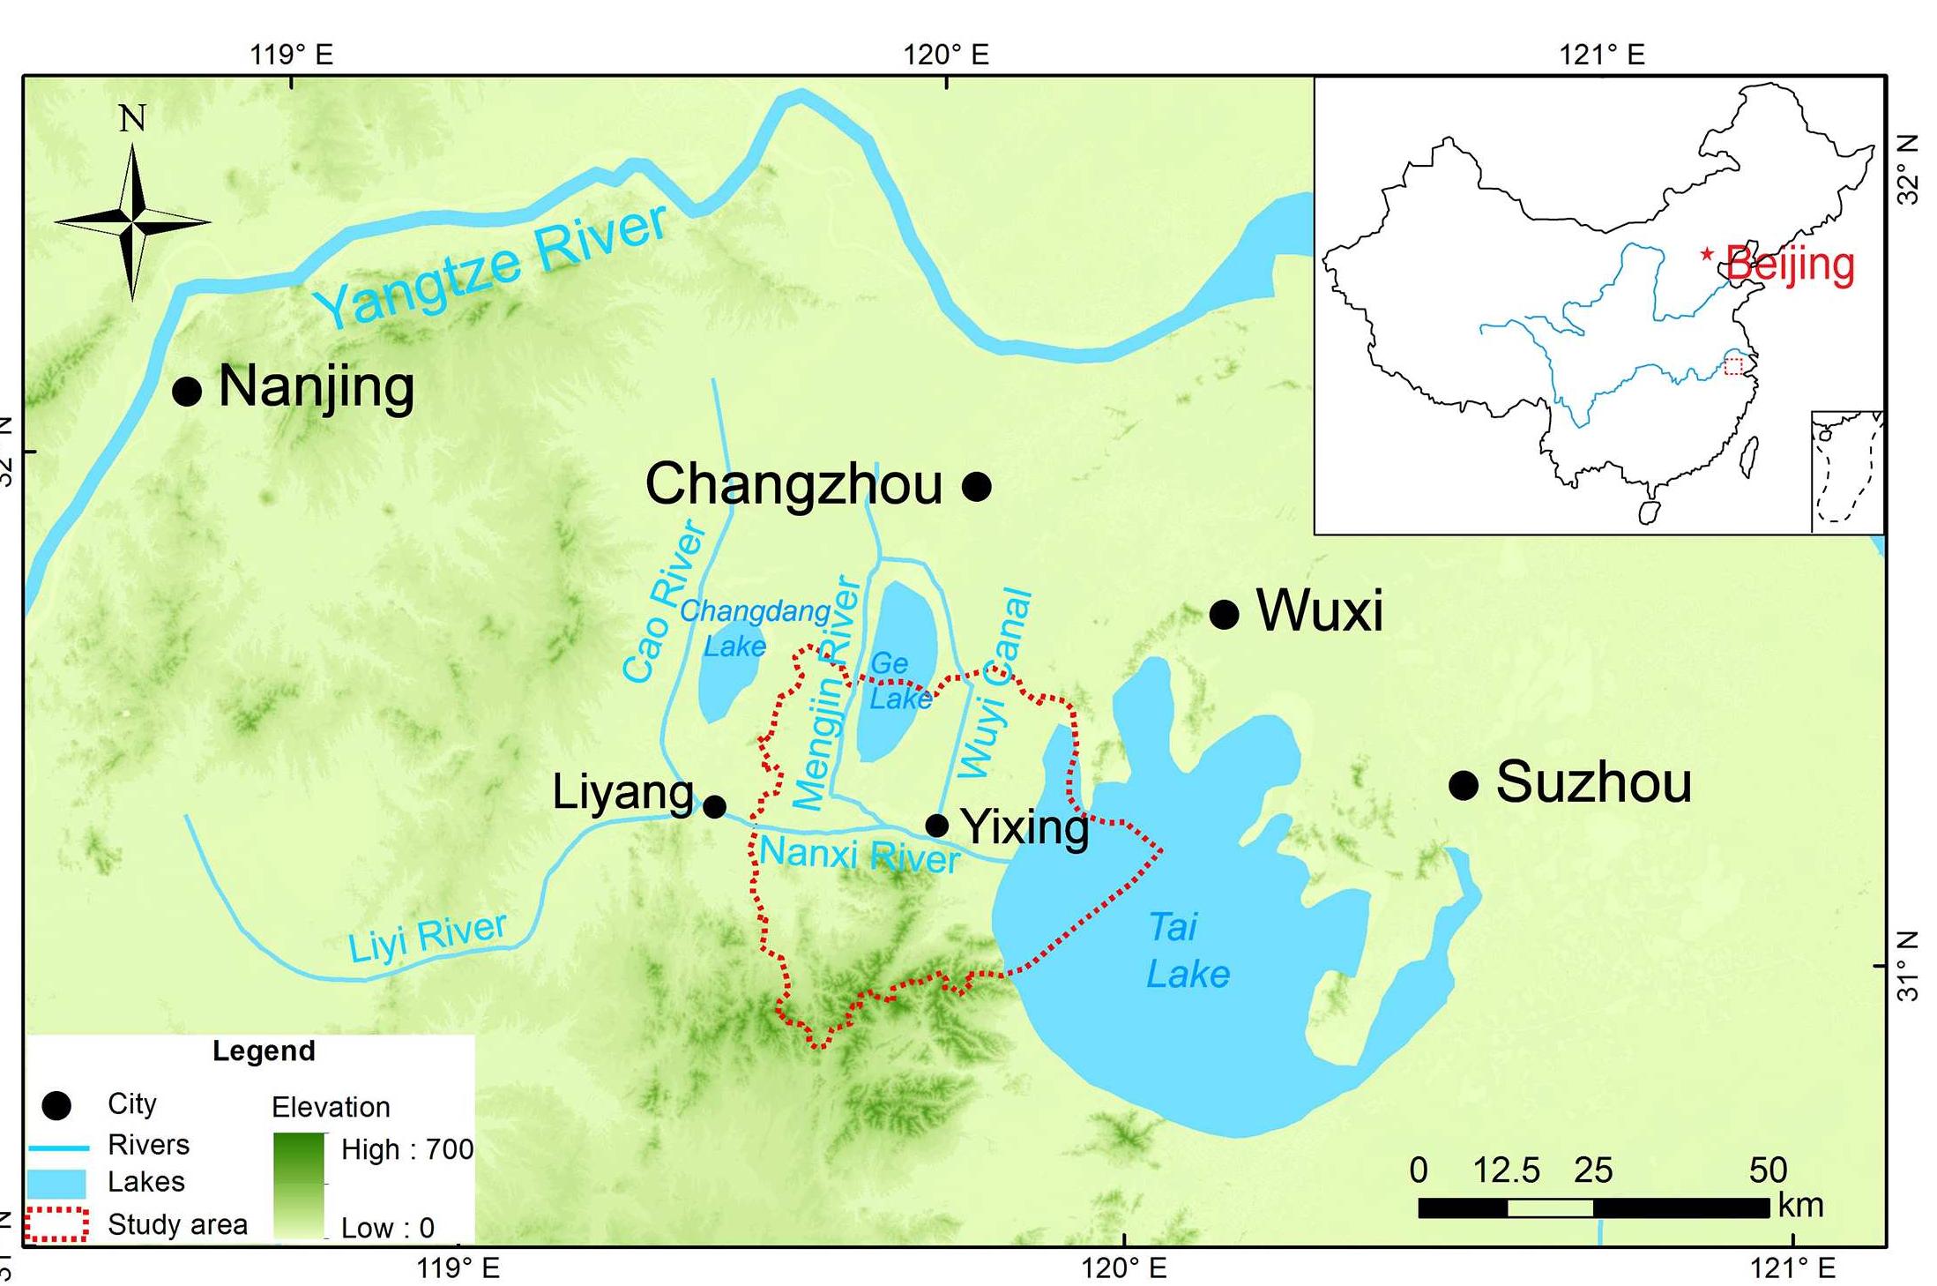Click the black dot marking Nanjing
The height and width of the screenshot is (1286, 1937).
187,391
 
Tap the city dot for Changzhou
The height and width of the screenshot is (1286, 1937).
976,486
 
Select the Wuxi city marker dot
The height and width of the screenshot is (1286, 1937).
1224,614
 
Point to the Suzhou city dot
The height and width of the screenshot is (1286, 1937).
1464,784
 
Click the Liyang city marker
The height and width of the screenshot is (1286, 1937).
715,806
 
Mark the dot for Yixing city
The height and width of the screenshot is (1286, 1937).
937,826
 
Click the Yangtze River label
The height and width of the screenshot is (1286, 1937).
491,265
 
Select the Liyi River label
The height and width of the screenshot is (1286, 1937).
427,937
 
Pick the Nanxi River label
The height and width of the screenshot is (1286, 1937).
859,855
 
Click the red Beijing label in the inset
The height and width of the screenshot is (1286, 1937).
1790,264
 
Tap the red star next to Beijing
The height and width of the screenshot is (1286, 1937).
1708,255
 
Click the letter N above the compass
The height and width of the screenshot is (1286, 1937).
132,118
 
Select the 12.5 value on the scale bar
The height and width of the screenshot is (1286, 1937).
1506,1170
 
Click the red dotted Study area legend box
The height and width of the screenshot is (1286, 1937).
56,1224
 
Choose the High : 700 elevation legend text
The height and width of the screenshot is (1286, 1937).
406,1149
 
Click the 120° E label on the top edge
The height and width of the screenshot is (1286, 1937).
945,55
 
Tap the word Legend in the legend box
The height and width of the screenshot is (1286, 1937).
264,1050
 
